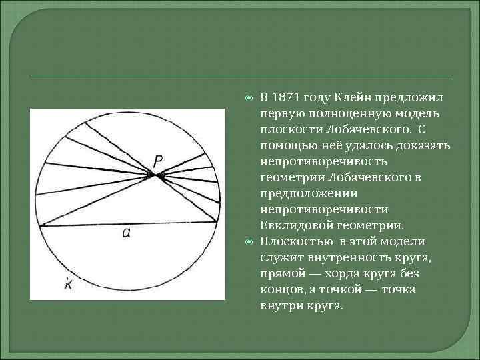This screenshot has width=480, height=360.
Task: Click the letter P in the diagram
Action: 157,160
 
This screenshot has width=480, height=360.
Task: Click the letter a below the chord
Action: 125,233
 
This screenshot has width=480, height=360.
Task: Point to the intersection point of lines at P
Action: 156,175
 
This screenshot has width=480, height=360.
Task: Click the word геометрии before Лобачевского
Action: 291,177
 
